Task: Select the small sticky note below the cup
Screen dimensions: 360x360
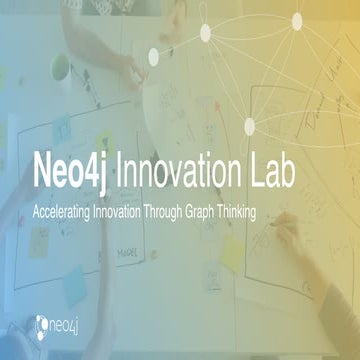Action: [x=100, y=130]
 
